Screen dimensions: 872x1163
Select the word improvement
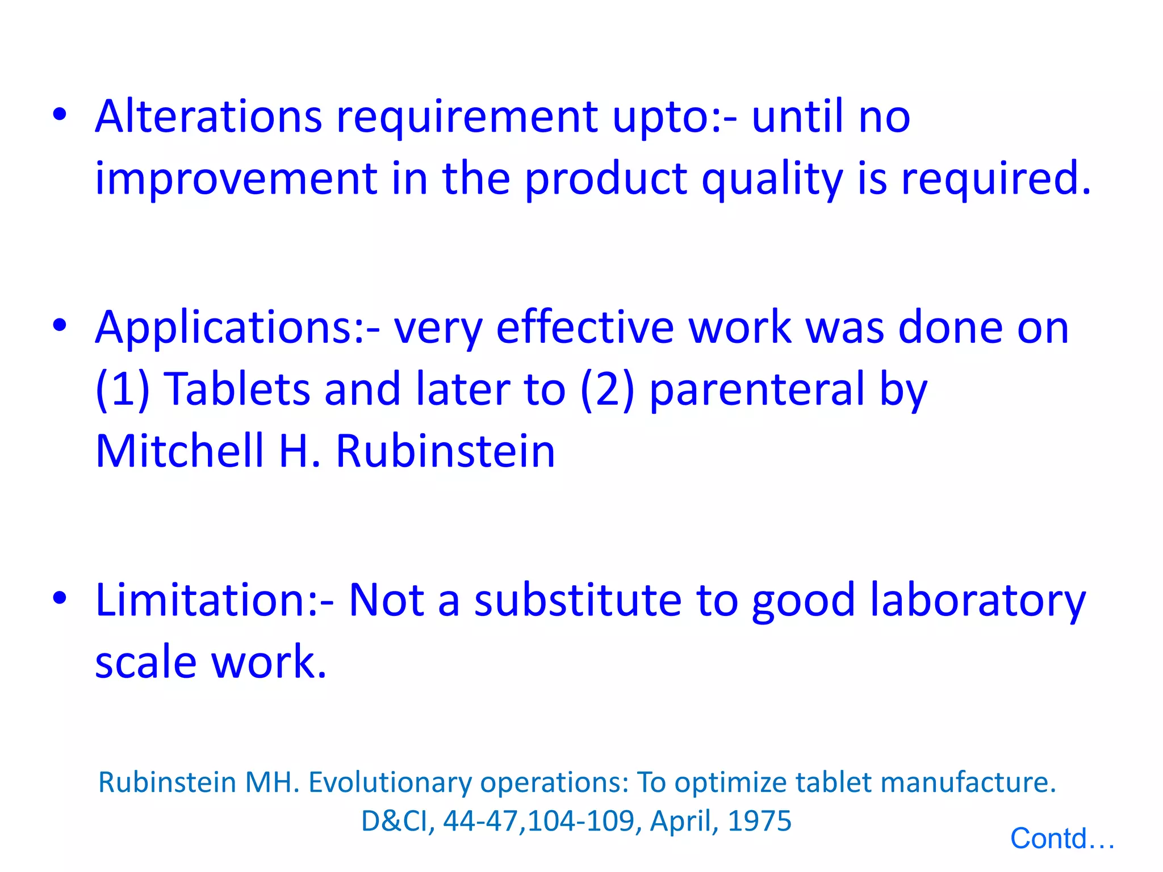tap(236, 178)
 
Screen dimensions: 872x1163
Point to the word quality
tap(772, 179)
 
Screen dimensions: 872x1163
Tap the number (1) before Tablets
tap(122, 389)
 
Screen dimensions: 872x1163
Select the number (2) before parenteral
tap(606, 389)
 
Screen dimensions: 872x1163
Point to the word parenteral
tap(757, 391)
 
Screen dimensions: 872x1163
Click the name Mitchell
tap(179, 451)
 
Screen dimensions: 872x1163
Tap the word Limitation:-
tap(215, 599)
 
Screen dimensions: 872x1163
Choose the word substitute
tap(578, 600)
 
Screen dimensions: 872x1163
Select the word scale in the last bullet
tap(145, 662)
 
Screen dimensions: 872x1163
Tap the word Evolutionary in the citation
tap(390, 782)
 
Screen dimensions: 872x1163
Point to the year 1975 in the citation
tap(759, 821)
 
